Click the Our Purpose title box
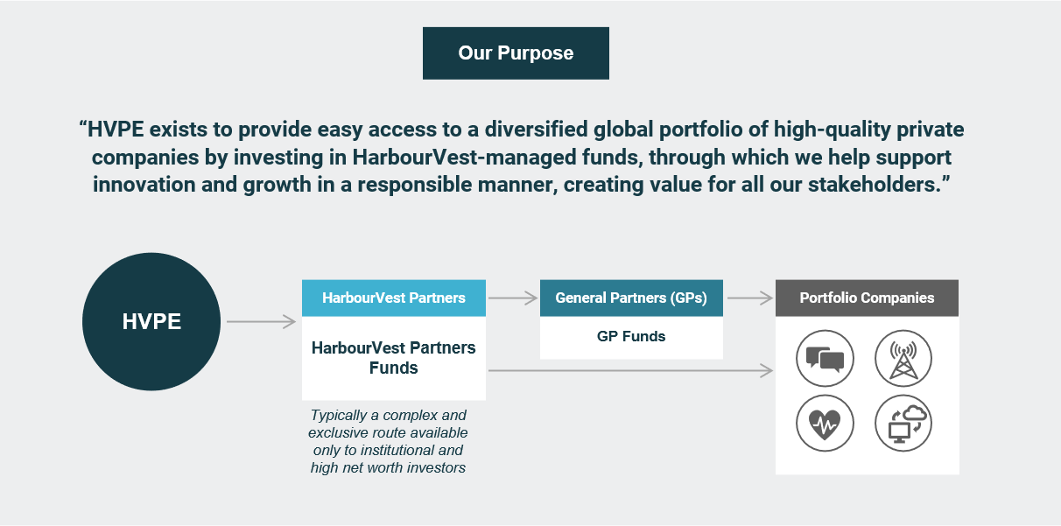click(516, 53)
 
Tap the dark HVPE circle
click(151, 321)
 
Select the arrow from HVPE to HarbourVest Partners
click(261, 321)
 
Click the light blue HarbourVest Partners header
click(394, 298)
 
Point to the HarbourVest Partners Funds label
click(394, 357)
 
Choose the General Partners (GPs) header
click(631, 298)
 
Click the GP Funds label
click(631, 336)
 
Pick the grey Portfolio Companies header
click(867, 298)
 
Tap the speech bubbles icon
click(825, 359)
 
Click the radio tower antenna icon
click(903, 359)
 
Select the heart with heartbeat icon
click(825, 424)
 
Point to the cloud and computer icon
click(903, 424)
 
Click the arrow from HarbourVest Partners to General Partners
click(513, 298)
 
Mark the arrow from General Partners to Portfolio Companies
click(750, 298)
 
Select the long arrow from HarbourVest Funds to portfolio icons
click(631, 370)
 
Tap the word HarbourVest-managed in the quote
click(464, 158)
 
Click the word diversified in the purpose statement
click(536, 130)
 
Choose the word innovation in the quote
click(144, 184)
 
